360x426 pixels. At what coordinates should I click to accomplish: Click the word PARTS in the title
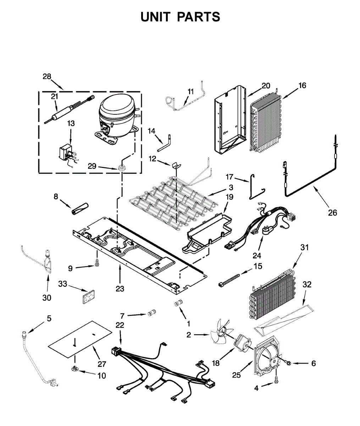pos(199,17)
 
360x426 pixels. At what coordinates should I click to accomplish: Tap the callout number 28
pos(47,76)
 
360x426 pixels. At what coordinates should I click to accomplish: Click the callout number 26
pos(332,213)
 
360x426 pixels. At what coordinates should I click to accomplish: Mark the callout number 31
pos(305,247)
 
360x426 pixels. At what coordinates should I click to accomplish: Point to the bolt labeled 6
pos(288,363)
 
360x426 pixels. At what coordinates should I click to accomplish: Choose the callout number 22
pos(120,325)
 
